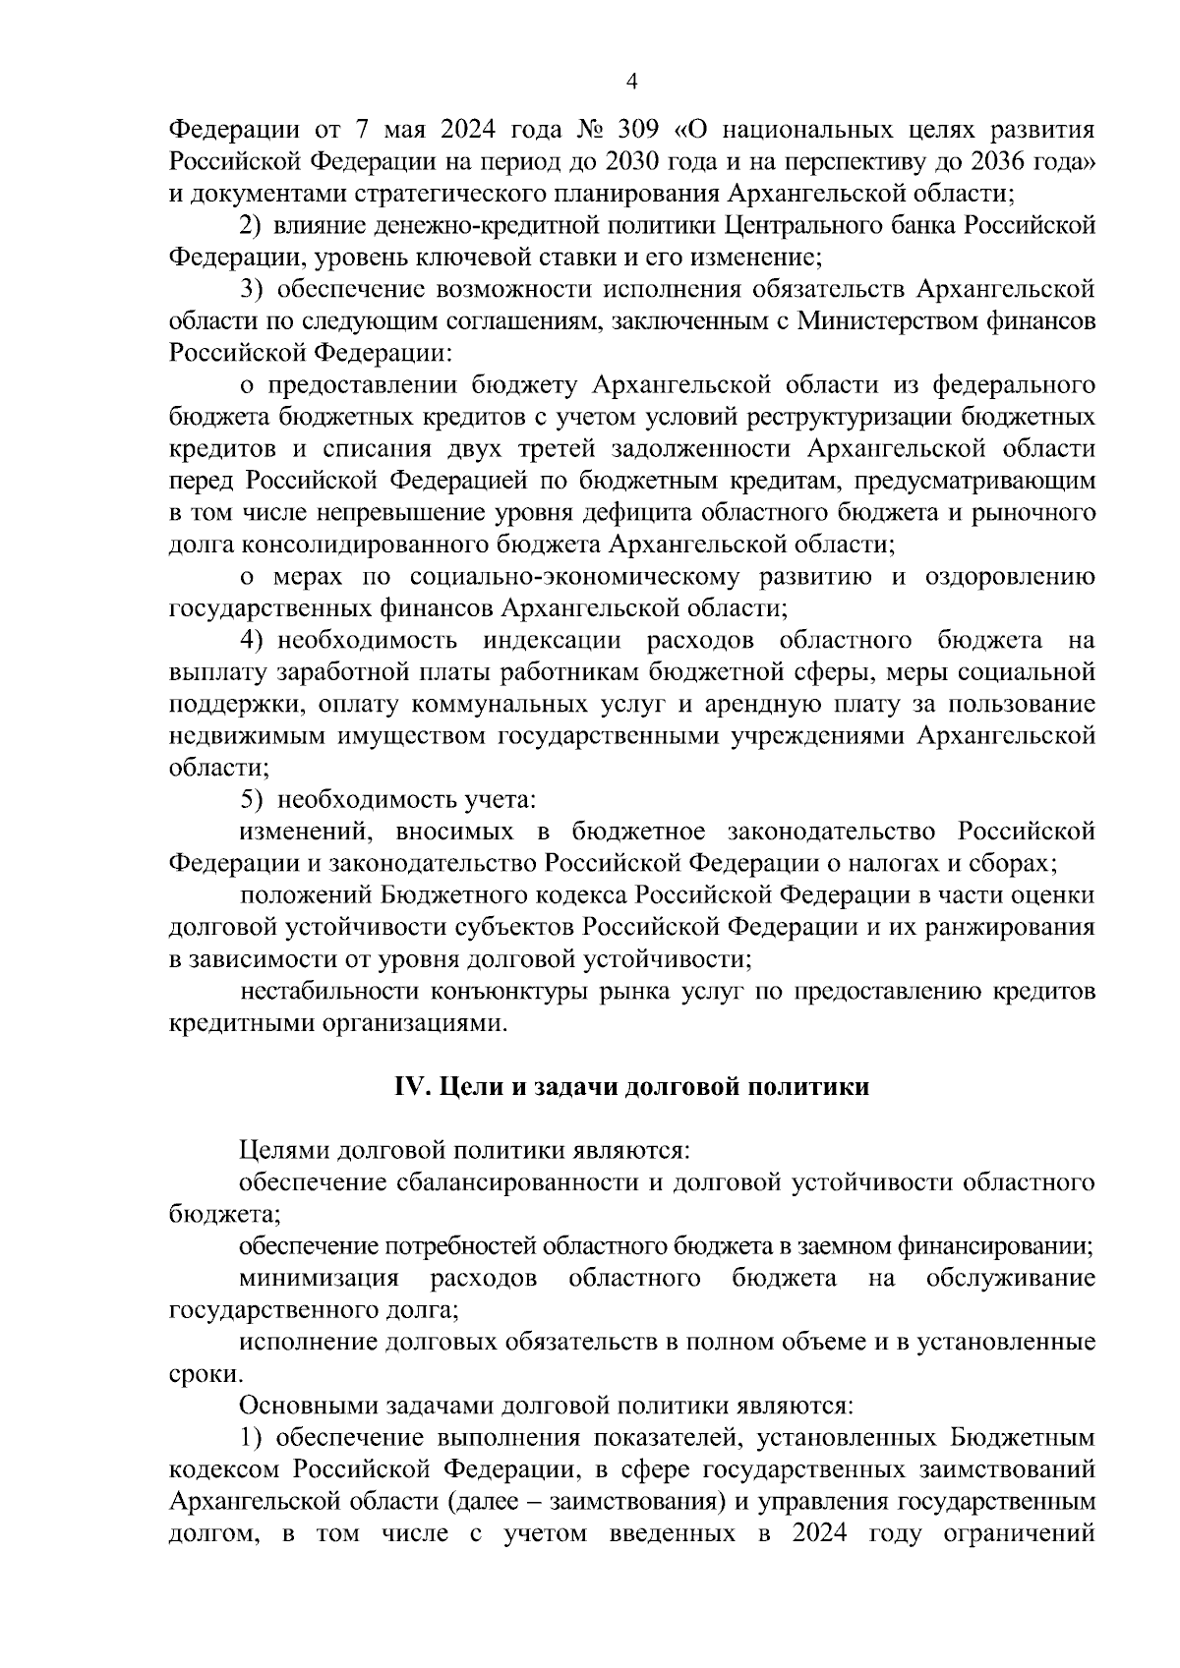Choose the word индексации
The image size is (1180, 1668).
[x=552, y=641]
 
